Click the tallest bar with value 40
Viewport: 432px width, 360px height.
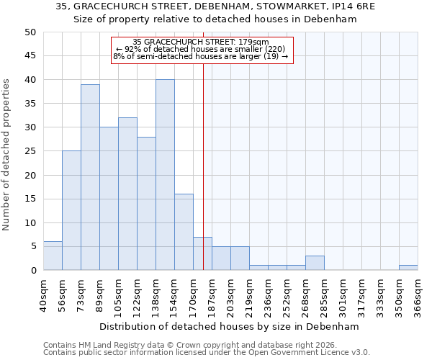[x=165, y=175]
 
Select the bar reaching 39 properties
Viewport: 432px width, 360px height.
[x=90, y=177]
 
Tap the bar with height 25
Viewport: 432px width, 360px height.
[x=71, y=210]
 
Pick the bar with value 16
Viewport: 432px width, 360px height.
[x=184, y=232]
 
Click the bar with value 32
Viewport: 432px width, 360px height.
[x=127, y=194]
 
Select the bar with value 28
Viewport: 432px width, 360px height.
[x=146, y=203]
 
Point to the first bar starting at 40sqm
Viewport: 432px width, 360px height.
[x=53, y=256]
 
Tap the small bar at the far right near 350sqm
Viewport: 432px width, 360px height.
[x=408, y=268]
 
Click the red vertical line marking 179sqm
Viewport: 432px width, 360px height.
[x=204, y=158]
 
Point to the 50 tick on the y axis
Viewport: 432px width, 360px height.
[x=30, y=32]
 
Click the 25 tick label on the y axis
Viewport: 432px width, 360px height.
[x=30, y=151]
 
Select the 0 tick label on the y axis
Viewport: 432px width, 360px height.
[x=32, y=271]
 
